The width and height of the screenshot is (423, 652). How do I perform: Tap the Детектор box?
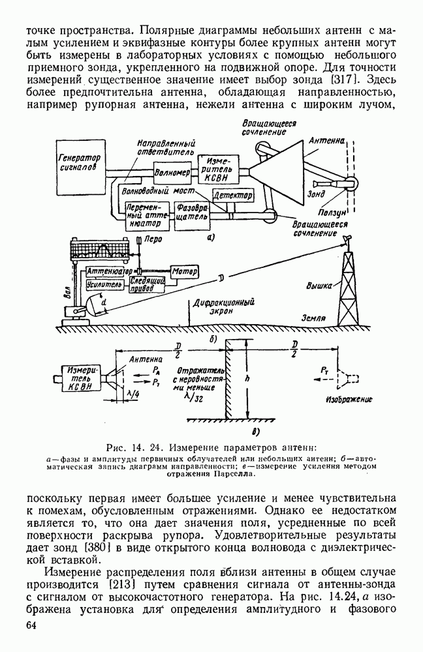(232, 196)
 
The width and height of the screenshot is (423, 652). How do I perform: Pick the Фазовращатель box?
(191, 216)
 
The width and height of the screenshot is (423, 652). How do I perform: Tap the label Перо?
(153, 240)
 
